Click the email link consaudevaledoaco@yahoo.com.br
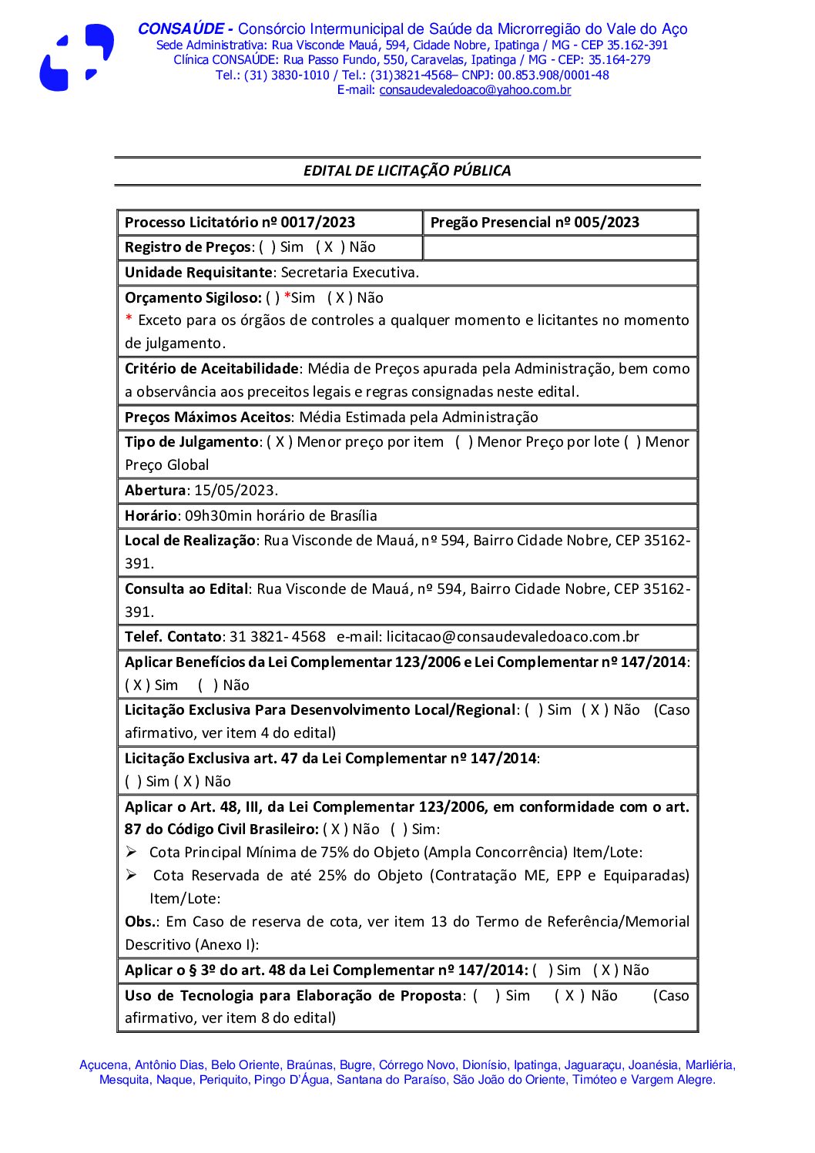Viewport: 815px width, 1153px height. click(x=475, y=90)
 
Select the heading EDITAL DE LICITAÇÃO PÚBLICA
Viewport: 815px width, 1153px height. click(x=407, y=171)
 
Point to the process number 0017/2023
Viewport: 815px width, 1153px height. click(x=317, y=223)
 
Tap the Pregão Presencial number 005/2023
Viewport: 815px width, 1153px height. click(x=606, y=223)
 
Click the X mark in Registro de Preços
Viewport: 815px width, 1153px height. click(x=328, y=247)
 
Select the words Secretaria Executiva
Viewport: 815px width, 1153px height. click(x=349, y=273)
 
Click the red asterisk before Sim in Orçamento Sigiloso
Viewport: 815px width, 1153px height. click(x=287, y=298)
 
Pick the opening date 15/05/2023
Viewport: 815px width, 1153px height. click(x=234, y=491)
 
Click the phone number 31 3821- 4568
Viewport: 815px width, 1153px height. click(x=277, y=637)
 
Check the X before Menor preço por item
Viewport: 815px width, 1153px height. click(x=280, y=442)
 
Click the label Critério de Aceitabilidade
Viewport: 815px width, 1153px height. click(x=211, y=369)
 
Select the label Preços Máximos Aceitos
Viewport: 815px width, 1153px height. click(x=208, y=417)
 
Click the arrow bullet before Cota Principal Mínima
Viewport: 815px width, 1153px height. click(x=132, y=852)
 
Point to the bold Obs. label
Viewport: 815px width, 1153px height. click(x=142, y=922)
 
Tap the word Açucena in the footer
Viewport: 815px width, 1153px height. click(x=103, y=1065)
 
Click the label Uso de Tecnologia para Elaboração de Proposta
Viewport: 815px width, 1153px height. click(x=293, y=996)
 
